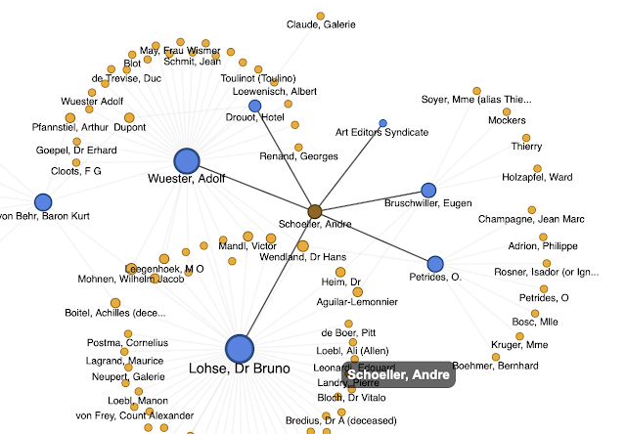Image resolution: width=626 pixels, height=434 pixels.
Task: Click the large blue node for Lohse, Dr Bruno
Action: pyautogui.click(x=240, y=349)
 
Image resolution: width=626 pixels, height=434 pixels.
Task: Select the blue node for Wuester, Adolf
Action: pyautogui.click(x=187, y=161)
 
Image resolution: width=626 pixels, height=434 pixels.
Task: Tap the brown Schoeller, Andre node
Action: pyautogui.click(x=315, y=211)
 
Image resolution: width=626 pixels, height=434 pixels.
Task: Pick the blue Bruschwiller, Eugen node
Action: pyautogui.click(x=427, y=190)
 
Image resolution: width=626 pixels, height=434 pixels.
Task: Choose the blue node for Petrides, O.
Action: pyautogui.click(x=435, y=263)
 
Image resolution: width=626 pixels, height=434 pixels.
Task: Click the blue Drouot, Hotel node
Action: pyautogui.click(x=255, y=106)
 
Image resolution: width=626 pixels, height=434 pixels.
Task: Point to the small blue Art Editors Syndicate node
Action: pyautogui.click(x=382, y=122)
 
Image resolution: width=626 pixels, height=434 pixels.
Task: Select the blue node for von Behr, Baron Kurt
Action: pyautogui.click(x=43, y=202)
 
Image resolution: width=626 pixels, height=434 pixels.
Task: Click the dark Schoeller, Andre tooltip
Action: pyautogui.click(x=398, y=375)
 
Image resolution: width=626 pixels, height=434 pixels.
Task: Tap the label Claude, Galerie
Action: pyautogui.click(x=321, y=24)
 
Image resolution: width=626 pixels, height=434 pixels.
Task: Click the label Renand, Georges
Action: pyautogui.click(x=299, y=156)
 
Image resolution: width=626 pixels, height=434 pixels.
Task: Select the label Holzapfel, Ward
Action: pyautogui.click(x=537, y=177)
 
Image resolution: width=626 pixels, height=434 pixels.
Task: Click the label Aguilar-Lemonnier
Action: pyautogui.click(x=359, y=303)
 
